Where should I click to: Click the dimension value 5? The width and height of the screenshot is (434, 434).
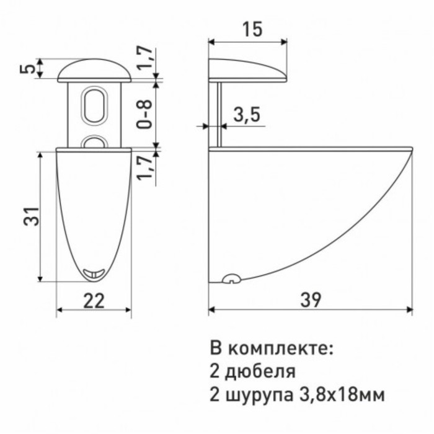pyautogui.click(x=24, y=68)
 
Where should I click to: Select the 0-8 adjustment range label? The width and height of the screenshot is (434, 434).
pyautogui.click(x=145, y=114)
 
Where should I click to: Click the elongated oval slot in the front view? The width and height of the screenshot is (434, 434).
pyautogui.click(x=95, y=104)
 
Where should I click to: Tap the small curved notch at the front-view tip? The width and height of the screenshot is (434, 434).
pyautogui.click(x=93, y=272)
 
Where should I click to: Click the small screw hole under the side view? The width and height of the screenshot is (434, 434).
pyautogui.click(x=231, y=278)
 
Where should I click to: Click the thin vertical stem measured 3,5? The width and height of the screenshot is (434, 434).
pyautogui.click(x=218, y=114)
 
